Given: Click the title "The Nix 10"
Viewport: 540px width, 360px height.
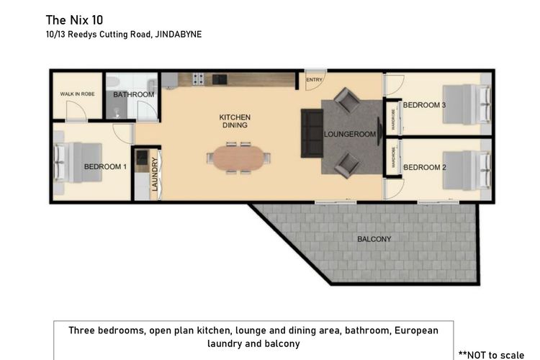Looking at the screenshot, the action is pyautogui.click(x=74, y=20).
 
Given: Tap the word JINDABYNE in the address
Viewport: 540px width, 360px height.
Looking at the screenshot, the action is pyautogui.click(x=179, y=35).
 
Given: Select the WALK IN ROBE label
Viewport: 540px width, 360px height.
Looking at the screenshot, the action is pyautogui.click(x=77, y=94).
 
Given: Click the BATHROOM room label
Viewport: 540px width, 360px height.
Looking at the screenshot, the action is pyautogui.click(x=134, y=94).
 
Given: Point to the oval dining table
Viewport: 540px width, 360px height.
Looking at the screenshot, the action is pyautogui.click(x=238, y=158).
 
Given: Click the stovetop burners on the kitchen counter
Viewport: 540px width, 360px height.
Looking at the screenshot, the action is pyautogui.click(x=199, y=79).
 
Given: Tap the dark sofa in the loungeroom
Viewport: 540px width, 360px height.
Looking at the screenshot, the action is pyautogui.click(x=312, y=133).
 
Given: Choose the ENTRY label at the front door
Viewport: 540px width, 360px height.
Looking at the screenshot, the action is pyautogui.click(x=314, y=80).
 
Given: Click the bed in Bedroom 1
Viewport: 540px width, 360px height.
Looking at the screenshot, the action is pyautogui.click(x=78, y=162).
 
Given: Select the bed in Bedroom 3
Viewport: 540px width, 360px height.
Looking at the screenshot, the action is pyautogui.click(x=467, y=104).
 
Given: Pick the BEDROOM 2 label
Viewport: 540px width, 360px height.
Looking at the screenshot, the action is pyautogui.click(x=425, y=168).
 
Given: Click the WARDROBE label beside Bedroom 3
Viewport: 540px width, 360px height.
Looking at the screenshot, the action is pyautogui.click(x=393, y=120).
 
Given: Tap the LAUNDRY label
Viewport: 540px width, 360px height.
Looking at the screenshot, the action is pyautogui.click(x=155, y=174).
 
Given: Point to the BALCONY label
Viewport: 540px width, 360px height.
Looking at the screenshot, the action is pyautogui.click(x=374, y=239).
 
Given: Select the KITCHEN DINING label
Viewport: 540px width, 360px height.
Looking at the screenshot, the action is pyautogui.click(x=235, y=121).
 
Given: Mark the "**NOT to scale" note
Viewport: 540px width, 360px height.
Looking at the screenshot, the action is pyautogui.click(x=492, y=355).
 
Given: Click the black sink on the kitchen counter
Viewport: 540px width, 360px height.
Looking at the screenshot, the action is pyautogui.click(x=220, y=80).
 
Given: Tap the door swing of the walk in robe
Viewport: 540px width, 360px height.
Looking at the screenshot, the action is pyautogui.click(x=76, y=111).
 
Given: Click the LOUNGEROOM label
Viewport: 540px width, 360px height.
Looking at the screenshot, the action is pyautogui.click(x=349, y=135).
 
